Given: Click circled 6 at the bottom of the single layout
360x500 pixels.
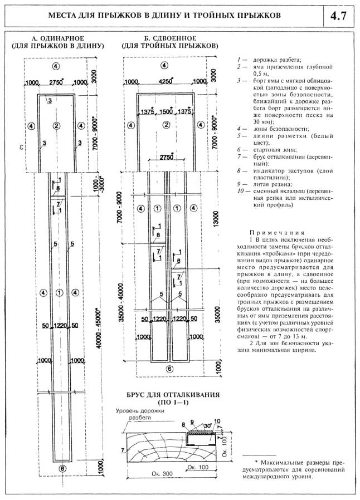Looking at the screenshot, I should point(62,469).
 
